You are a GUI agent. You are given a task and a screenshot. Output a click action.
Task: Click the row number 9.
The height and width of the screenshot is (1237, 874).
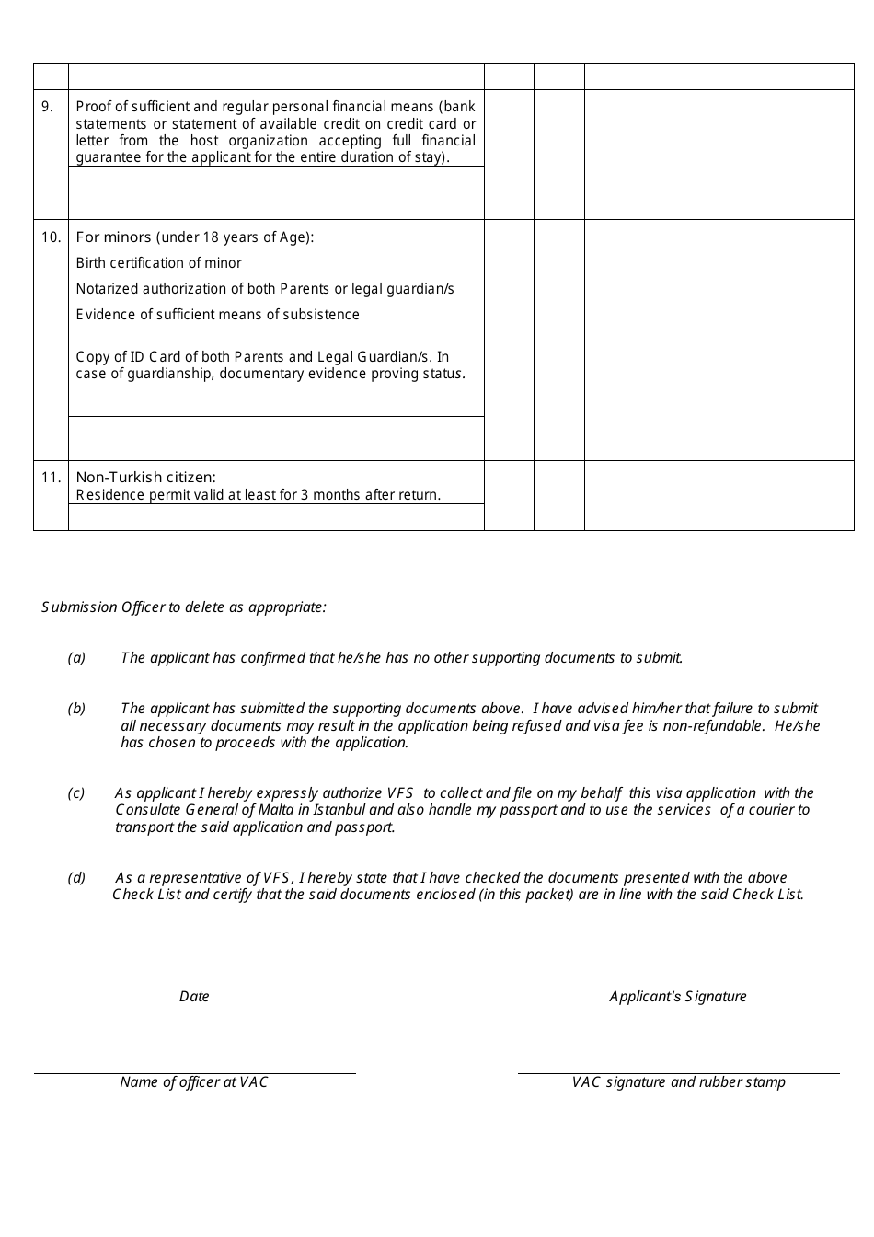(x=47, y=107)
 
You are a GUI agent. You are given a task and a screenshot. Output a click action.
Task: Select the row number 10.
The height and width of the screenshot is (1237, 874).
(x=51, y=237)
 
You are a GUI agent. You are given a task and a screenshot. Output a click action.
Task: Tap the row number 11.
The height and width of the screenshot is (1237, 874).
(x=51, y=477)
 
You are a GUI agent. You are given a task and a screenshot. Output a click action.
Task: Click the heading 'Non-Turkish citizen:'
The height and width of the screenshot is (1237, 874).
(x=145, y=477)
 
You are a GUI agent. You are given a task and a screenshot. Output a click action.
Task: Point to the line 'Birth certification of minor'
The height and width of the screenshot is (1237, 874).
(x=158, y=263)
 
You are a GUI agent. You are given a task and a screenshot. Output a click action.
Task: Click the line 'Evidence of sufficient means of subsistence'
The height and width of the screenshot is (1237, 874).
(x=217, y=315)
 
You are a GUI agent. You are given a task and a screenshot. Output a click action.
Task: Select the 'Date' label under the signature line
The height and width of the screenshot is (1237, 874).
(x=194, y=997)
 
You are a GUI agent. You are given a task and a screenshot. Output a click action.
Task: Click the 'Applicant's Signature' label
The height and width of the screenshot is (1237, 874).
(x=678, y=997)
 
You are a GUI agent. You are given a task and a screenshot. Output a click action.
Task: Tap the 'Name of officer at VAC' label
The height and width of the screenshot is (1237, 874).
(x=194, y=1082)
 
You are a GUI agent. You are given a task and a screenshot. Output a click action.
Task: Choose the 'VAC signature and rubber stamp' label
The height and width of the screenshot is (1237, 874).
(x=678, y=1082)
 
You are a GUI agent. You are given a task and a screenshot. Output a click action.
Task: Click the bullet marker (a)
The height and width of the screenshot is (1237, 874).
(x=76, y=658)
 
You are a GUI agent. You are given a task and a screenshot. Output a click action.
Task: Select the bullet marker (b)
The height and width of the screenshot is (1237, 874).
(x=76, y=709)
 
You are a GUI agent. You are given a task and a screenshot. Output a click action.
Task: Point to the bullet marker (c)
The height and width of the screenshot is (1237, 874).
(x=76, y=793)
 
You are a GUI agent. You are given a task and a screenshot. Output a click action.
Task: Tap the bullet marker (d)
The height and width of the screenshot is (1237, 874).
(x=76, y=878)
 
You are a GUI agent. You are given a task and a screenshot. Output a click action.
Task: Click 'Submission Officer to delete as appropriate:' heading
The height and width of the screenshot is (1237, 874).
(x=184, y=607)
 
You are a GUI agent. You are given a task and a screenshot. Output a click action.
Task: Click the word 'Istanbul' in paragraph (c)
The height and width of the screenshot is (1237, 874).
(x=339, y=810)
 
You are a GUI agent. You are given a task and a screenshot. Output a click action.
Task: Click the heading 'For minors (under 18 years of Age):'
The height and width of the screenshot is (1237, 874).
(x=195, y=237)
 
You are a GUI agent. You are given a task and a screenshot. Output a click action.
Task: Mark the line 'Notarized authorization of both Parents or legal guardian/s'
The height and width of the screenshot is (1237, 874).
(x=265, y=289)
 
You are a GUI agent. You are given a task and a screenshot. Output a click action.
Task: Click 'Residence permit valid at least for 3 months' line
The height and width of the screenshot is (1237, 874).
(x=258, y=495)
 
